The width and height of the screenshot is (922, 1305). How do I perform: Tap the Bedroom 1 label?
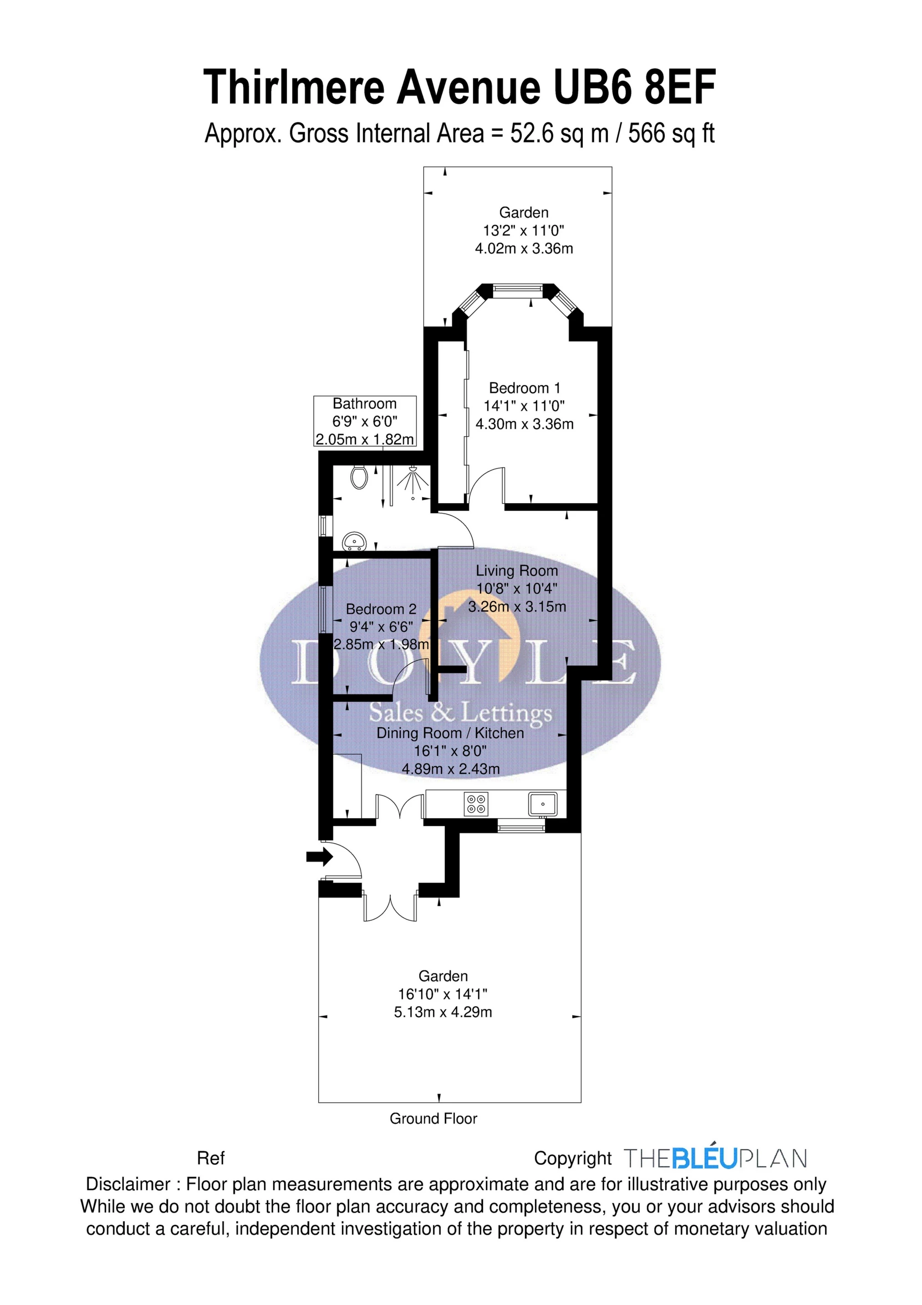(524, 388)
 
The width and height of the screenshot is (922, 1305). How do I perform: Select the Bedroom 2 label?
(381, 609)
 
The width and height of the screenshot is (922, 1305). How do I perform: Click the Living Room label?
(517, 571)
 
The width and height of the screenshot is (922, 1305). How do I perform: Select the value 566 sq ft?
(671, 134)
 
